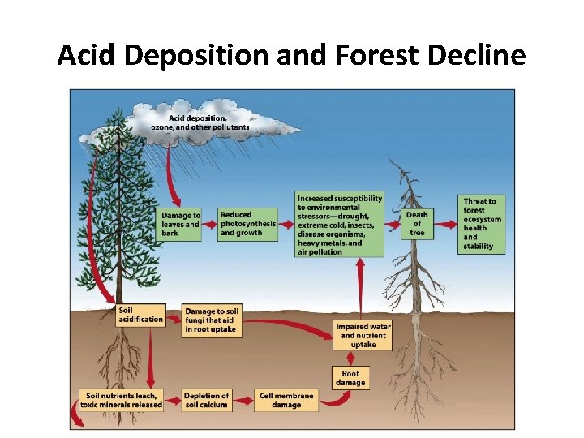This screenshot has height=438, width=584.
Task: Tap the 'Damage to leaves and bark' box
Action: point(180,224)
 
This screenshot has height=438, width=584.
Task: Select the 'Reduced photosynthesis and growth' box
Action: point(247,224)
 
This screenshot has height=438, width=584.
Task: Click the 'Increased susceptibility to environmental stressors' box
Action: point(339,224)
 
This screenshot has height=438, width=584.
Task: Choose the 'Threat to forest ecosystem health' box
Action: point(482,224)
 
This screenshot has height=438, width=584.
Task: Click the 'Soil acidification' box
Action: point(140,315)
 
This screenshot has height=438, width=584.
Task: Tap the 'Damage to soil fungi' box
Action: point(212,320)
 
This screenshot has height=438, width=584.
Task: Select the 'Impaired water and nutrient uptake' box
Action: point(363,335)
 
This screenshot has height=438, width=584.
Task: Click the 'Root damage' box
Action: point(350,378)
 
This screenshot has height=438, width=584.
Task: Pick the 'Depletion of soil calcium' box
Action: point(207,399)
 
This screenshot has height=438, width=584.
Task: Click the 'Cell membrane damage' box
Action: point(286,399)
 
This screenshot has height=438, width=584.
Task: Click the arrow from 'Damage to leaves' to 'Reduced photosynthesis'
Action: point(209,224)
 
